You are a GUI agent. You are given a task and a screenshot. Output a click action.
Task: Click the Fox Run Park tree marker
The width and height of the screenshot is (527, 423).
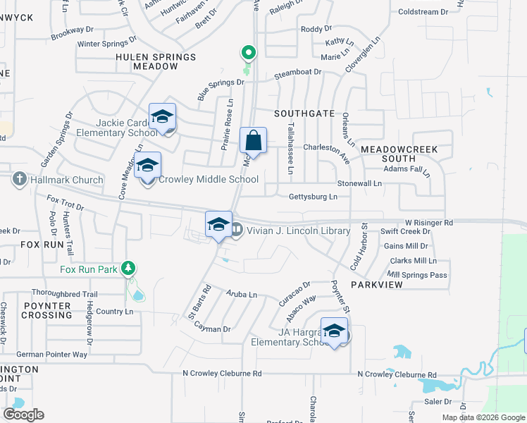pos(128,268)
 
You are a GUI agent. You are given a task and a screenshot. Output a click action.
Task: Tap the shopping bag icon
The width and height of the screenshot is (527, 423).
pos(253,140)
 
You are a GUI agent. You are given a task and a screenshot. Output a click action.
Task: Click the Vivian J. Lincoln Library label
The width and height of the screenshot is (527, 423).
pos(297,231)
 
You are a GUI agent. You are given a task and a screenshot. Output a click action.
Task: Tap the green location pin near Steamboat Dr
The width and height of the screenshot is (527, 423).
pos(248,53)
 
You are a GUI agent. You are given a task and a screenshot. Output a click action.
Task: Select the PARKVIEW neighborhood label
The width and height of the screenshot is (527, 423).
pos(377,284)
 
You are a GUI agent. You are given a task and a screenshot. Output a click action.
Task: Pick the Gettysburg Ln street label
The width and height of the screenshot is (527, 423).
pos(313,197)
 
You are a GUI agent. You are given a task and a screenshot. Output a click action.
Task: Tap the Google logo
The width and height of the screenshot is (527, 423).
pos(23,415)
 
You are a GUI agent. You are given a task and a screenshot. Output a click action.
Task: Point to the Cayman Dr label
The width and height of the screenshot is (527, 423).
pos(212,329)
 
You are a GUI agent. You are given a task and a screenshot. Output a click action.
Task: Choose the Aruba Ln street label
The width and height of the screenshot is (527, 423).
pos(242,293)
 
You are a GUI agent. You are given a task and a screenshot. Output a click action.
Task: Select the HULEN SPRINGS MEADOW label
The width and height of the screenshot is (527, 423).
pos(155,61)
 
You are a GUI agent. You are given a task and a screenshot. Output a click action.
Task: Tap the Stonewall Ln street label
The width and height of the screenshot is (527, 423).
pos(359,183)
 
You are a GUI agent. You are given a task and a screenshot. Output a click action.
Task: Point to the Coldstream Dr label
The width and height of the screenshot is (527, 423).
pos(423,12)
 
